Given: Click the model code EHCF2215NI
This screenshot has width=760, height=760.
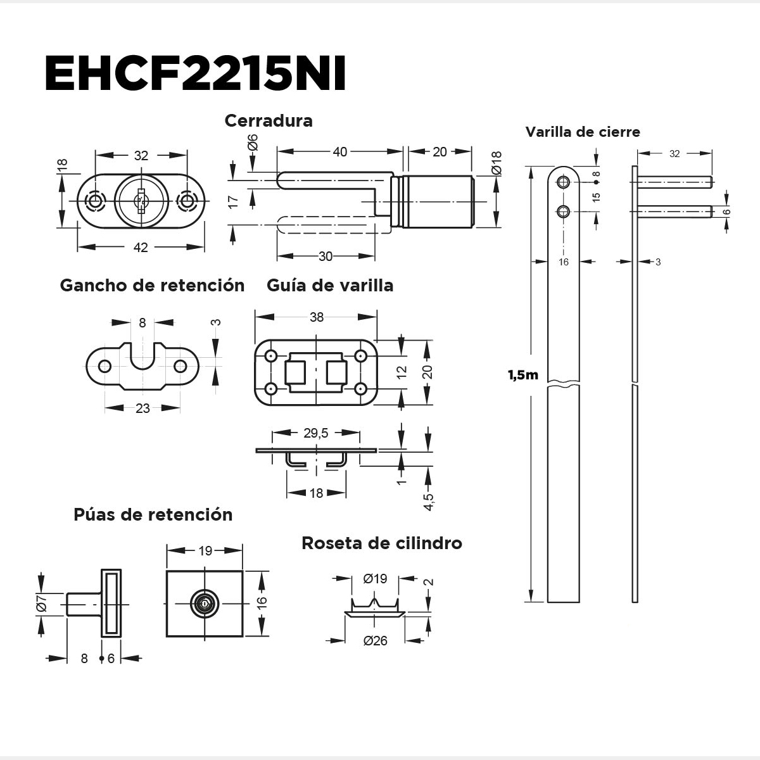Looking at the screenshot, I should (195, 75).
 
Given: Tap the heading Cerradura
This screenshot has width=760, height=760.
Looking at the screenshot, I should (269, 120).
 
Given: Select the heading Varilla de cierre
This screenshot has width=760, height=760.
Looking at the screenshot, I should (583, 132).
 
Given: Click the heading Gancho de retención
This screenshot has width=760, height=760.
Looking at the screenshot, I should (152, 285).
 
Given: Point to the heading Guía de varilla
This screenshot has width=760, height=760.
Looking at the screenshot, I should (330, 285).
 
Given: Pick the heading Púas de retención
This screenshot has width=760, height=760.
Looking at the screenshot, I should (153, 514).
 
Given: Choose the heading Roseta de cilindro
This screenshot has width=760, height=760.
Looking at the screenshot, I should (382, 543).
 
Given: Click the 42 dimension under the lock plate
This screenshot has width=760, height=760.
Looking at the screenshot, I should (141, 248).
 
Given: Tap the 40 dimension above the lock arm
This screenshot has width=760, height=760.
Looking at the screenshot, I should (340, 152).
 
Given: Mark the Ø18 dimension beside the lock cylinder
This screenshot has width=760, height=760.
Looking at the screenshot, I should (496, 163).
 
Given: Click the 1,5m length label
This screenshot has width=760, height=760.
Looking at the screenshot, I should (522, 375).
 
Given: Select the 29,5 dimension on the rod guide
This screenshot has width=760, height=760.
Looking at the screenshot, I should (315, 433).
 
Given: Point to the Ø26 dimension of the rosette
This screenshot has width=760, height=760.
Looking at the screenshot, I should (376, 641).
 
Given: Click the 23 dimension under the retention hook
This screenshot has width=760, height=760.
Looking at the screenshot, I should (142, 408).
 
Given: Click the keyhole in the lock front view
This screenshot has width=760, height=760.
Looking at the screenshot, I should (141, 201).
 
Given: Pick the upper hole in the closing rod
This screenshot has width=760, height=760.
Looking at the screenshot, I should (563, 182).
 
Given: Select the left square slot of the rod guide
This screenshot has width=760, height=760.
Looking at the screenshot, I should (296, 372).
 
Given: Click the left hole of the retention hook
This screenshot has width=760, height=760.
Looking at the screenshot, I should (105, 366).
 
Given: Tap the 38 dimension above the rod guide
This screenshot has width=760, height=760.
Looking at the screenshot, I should (316, 317).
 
